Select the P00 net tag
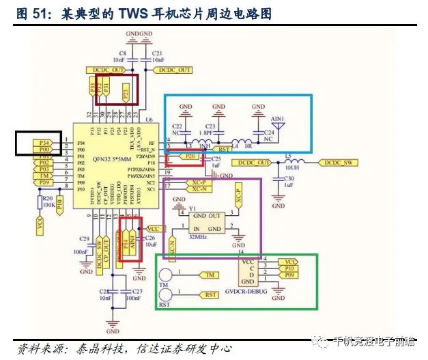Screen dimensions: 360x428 tap(43, 148)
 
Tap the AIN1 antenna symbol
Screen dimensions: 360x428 tap(279, 121)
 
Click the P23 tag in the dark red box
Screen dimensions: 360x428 tap(125, 90)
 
